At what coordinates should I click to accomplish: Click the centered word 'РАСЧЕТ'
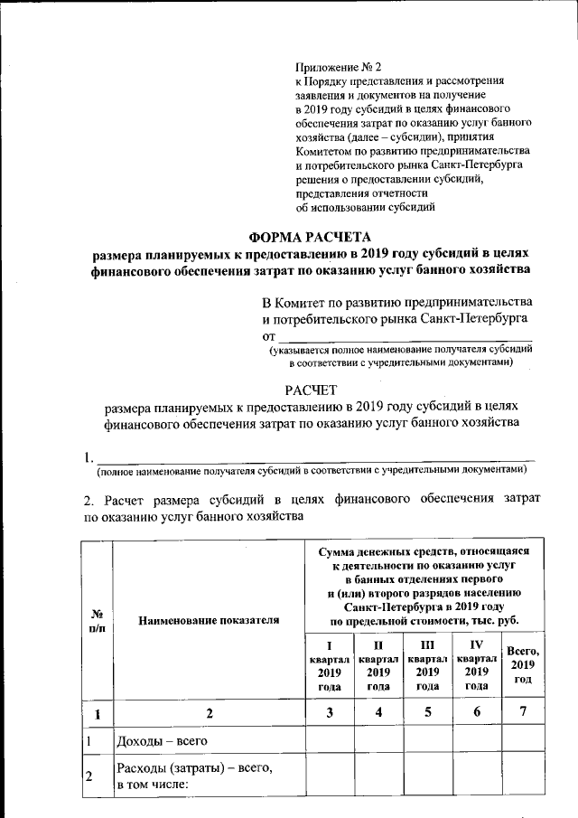[311, 390]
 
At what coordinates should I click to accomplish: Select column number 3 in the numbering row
[330, 712]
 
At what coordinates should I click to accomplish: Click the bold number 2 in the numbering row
[209, 712]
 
